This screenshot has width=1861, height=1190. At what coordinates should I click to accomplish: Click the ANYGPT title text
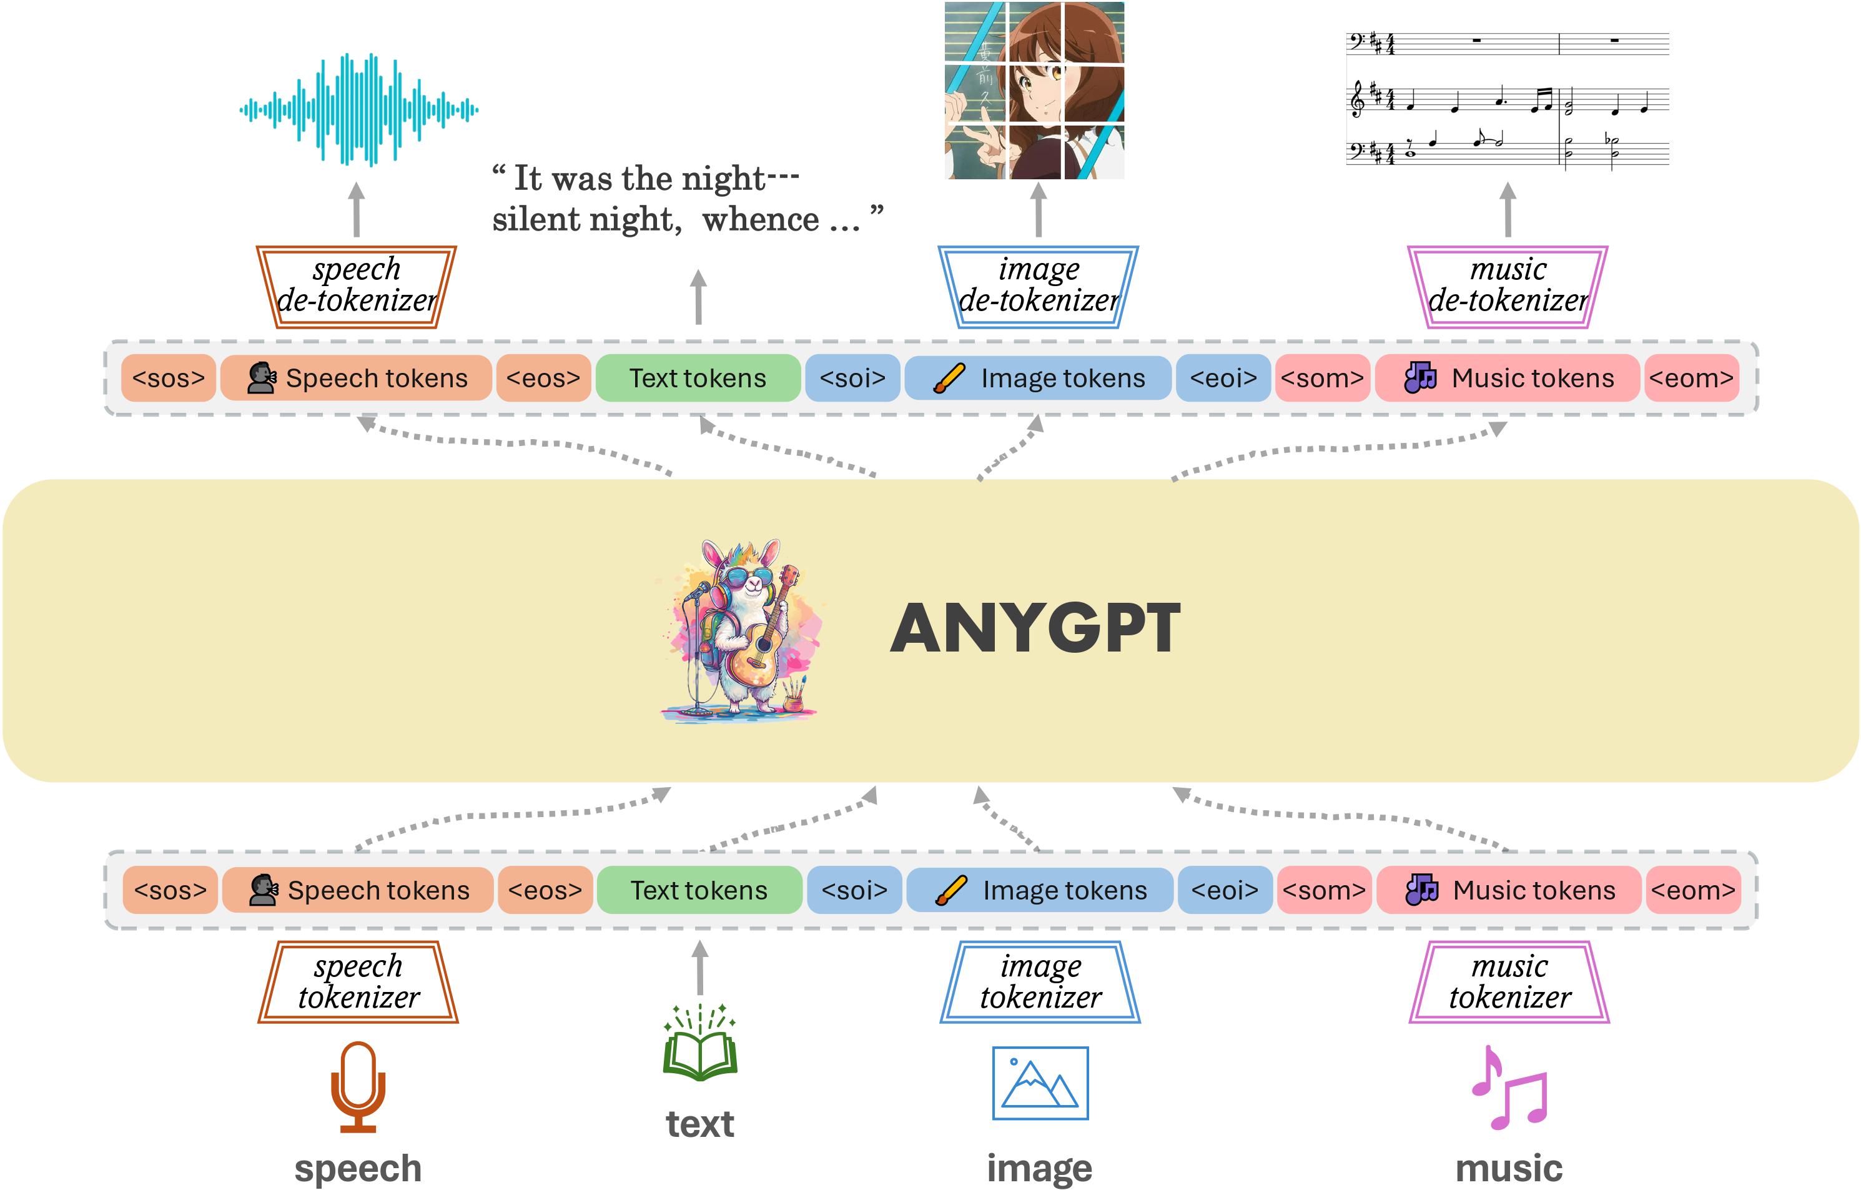pos(1035,628)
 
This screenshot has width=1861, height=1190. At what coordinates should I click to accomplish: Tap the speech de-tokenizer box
pos(357,286)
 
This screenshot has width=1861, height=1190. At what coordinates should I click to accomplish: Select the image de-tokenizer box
pos(1038,286)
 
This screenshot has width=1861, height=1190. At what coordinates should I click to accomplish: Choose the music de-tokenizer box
pos(1507,286)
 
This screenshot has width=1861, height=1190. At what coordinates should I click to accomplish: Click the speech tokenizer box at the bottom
pos(358,982)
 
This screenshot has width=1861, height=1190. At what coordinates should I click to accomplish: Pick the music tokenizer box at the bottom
pos(1509,982)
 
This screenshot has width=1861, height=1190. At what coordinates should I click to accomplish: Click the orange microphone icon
pos(358,1086)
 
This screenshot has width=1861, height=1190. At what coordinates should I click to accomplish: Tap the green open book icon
pos(700,1044)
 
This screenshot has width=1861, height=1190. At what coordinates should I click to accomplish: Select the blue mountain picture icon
pos(1040,1083)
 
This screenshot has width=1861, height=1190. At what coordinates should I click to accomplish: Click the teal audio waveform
pos(358,110)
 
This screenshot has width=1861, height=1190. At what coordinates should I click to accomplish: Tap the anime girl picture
pos(1034,91)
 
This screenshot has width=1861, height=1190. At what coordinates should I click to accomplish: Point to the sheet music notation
pos(1507,99)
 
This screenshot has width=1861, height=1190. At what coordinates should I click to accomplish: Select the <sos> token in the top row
pos(169,378)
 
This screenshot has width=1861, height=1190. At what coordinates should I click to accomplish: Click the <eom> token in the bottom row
pos(1693,890)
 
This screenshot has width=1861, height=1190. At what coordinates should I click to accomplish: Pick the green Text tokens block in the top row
pos(698,378)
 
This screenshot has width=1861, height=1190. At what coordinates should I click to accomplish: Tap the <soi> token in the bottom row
pos(854,890)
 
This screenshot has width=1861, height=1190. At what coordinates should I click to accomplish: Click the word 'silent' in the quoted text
pos(538,220)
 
